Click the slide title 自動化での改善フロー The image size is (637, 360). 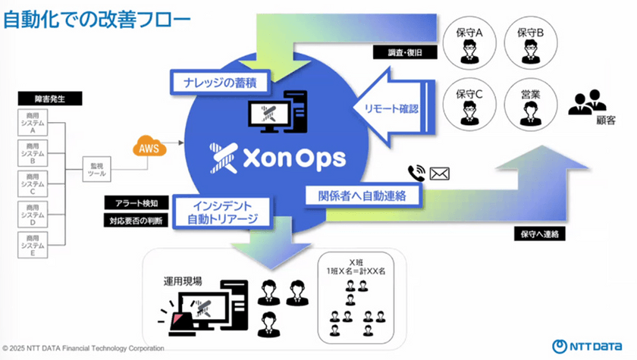96,19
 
